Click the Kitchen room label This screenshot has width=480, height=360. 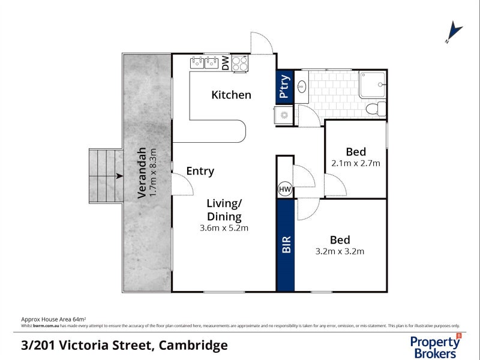pyautogui.click(x=231, y=95)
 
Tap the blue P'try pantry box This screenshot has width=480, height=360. pyautogui.click(x=284, y=85)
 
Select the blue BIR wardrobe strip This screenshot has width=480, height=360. pyautogui.click(x=286, y=244)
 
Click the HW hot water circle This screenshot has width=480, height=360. pyautogui.click(x=284, y=190)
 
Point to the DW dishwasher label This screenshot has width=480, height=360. pyautogui.click(x=226, y=63)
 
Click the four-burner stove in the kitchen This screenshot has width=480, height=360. pyautogui.click(x=239, y=63)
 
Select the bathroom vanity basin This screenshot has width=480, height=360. pyautogui.click(x=302, y=85)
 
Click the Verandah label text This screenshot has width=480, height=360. pyautogui.click(x=142, y=173)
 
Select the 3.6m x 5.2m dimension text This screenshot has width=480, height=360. pyautogui.click(x=224, y=228)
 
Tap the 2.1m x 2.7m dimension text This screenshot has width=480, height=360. pyautogui.click(x=356, y=163)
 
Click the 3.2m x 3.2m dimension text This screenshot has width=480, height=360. pyautogui.click(x=339, y=251)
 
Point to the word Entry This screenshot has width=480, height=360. pyautogui.click(x=200, y=171)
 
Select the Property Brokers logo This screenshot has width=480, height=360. pyautogui.click(x=436, y=346)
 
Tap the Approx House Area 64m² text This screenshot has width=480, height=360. pyautogui.click(x=53, y=319)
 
